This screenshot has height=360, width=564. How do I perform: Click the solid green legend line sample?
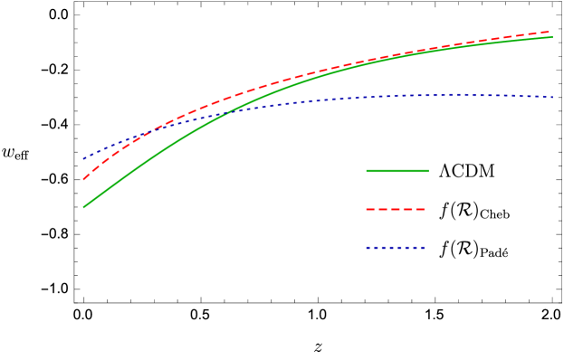(x=397, y=171)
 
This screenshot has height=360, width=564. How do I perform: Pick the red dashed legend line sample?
(x=396, y=209)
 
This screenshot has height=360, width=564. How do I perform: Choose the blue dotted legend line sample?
(x=396, y=247)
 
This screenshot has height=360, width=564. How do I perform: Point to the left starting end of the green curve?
(x=84, y=207)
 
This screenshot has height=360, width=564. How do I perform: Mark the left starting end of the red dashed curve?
(x=84, y=179)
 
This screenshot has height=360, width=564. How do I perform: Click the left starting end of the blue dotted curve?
(x=84, y=158)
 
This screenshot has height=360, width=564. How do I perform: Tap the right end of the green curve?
(x=552, y=37)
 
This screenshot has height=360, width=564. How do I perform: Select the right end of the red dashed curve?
(x=550, y=32)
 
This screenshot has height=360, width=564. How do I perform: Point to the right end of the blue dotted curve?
(x=552, y=97)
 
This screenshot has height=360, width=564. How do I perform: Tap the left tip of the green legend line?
(x=367, y=171)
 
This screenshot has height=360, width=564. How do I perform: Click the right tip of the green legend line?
(x=427, y=171)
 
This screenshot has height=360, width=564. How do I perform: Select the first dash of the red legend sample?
(x=370, y=209)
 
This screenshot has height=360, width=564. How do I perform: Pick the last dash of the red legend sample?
(x=420, y=209)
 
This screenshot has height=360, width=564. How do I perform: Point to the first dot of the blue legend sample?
(x=368, y=247)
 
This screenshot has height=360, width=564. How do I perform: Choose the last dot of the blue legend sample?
(x=422, y=247)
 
